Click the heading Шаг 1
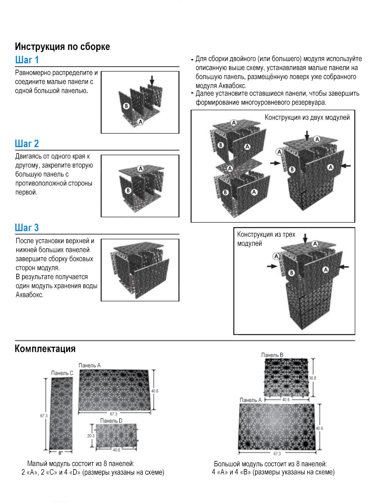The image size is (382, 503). tap(27, 60)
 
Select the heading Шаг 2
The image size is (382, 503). tap(27, 144)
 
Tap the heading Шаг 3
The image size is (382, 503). tap(27, 228)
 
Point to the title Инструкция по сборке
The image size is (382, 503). tap(63, 46)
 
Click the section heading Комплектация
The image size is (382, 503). tap(45, 349)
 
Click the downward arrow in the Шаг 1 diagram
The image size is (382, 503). tap(152, 80)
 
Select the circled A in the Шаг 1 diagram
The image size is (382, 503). tap(140, 121)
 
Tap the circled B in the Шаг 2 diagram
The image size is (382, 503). tap(128, 191)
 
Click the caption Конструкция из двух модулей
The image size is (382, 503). tap(307, 118)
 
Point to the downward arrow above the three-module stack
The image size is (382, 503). tap(305, 238)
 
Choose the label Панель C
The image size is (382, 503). tap(63, 373)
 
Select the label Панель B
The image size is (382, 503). tap(272, 355)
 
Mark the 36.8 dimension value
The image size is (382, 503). tap(312, 378)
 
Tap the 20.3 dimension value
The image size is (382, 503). tap(91, 436)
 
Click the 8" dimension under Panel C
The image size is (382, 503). tap(61, 454)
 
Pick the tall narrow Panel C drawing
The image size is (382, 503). tap(62, 413)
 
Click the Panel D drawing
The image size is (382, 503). tap(117, 436)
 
